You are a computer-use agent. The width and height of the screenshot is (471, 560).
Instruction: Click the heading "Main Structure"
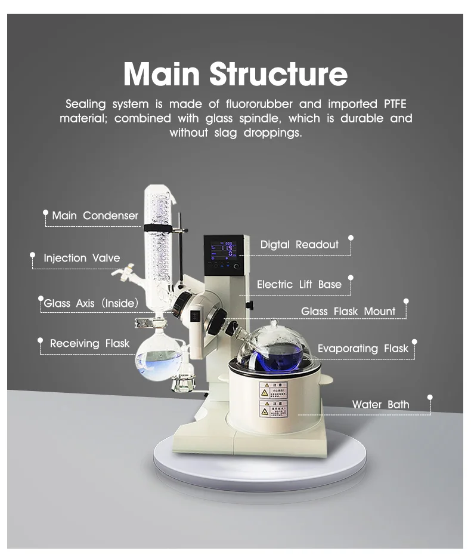[235, 73]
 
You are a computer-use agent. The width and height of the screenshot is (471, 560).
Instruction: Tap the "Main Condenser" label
[95, 216]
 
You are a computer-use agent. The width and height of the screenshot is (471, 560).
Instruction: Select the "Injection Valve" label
[82, 259]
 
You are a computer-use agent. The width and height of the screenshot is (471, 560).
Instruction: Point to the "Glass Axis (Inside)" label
[91, 303]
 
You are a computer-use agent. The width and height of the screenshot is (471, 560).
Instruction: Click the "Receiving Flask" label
[89, 343]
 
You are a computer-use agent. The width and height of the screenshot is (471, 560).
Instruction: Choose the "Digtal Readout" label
[299, 244]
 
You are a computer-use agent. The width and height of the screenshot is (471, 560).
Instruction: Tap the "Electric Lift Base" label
[299, 284]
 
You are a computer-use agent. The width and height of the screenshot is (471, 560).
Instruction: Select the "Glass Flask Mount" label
[348, 311]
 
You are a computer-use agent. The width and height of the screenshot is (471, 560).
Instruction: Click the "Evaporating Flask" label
[362, 348]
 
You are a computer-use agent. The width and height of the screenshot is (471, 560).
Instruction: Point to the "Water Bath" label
[380, 404]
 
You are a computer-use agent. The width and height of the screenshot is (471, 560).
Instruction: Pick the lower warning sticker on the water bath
[273, 410]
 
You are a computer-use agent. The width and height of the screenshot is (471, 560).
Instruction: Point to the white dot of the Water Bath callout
[429, 396]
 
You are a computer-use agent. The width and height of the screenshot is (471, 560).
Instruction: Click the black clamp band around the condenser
[158, 227]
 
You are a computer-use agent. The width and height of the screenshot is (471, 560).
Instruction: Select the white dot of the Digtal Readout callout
[351, 238]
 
